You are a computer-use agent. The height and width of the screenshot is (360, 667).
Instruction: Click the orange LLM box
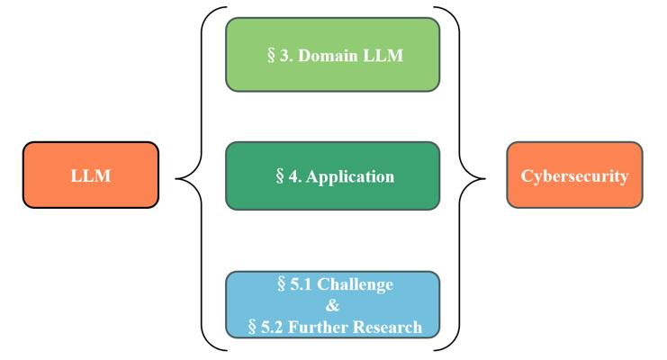coord(91,175)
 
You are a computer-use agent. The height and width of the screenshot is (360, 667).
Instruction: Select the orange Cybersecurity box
coord(574,175)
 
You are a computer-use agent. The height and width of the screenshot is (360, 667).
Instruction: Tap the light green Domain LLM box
coord(333,55)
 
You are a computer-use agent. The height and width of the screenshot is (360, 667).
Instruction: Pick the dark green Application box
coord(333,175)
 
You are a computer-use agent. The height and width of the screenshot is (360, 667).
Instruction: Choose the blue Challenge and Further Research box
coord(333,305)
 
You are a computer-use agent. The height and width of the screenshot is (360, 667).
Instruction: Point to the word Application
coord(349,177)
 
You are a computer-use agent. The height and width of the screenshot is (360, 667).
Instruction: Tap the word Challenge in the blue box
coord(356,284)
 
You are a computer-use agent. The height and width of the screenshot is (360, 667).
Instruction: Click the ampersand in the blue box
coord(333,305)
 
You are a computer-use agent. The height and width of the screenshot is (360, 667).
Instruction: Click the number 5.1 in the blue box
coord(302,284)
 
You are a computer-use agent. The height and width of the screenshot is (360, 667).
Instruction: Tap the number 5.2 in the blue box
coord(272,327)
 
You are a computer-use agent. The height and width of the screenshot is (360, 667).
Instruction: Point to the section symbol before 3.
coord(271,55)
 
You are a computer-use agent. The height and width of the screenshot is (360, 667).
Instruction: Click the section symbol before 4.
coord(279,176)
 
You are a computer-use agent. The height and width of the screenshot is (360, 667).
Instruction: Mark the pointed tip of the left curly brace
coord(176,179)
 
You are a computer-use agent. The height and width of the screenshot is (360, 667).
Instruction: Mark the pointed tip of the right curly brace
coord(485,179)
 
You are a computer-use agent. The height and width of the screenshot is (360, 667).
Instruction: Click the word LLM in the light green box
coord(383,55)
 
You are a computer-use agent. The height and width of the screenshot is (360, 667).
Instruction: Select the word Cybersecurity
coord(574,176)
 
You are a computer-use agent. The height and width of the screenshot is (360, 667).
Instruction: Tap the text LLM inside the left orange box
coord(91,175)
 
